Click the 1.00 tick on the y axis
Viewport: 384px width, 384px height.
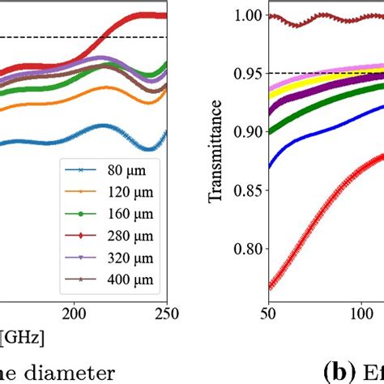(x=249, y=15)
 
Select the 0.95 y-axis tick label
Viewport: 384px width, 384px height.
(x=249, y=74)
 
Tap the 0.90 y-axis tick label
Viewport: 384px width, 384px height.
(x=249, y=132)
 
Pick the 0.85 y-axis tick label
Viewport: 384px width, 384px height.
(x=249, y=190)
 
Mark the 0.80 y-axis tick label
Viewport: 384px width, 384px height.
(x=249, y=249)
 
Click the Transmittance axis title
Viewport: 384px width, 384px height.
(x=216, y=161)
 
